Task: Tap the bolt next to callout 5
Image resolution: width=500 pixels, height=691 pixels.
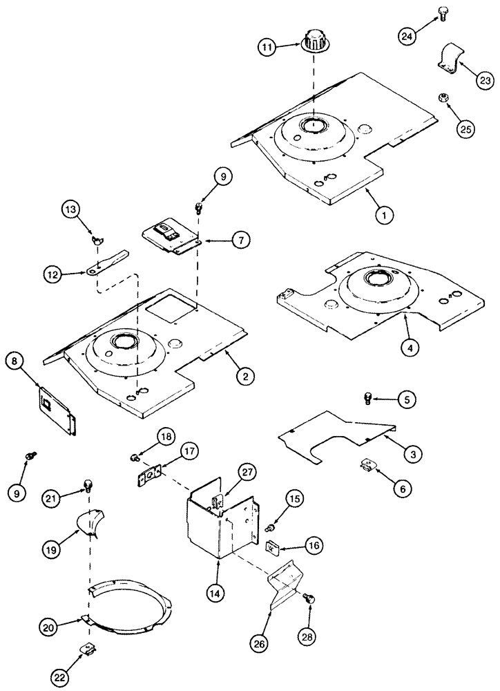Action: coord(368,397)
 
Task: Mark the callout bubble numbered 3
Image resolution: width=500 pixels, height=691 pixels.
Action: coord(412,454)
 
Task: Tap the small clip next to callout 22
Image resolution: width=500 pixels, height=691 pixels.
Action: coord(88,648)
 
